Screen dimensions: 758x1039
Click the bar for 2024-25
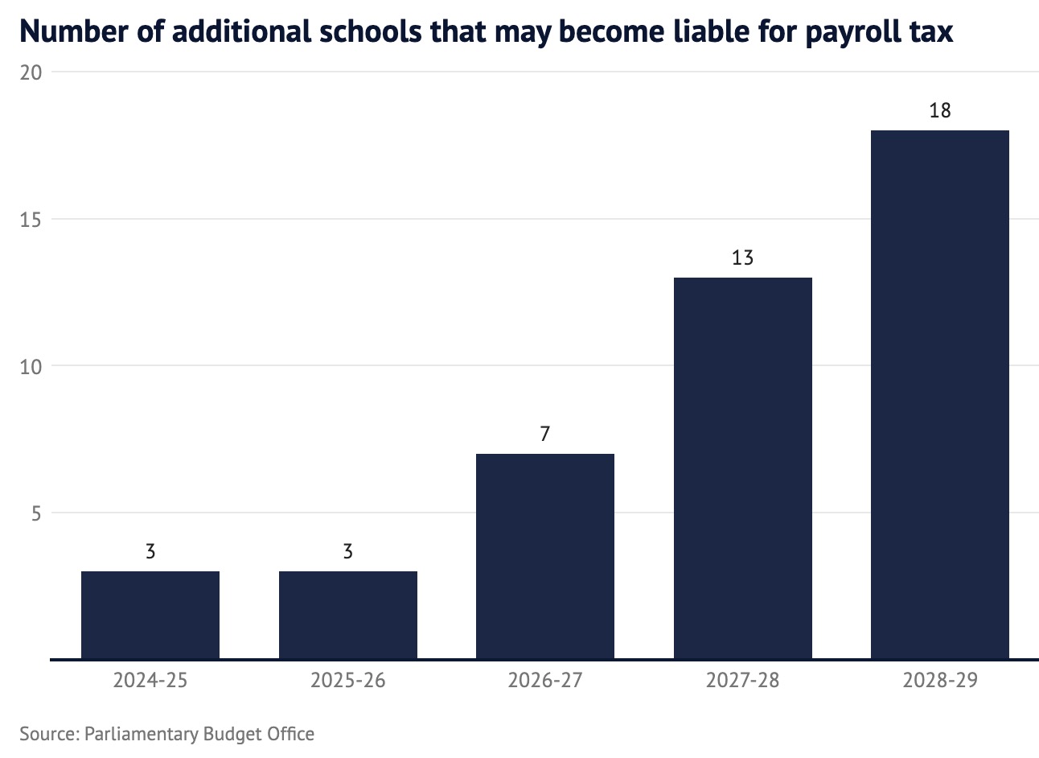click(x=150, y=615)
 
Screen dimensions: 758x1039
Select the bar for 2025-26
click(x=347, y=615)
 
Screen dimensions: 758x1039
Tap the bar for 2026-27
click(x=545, y=556)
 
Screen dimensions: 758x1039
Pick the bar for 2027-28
click(x=742, y=468)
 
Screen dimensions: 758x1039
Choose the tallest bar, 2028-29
click(x=939, y=394)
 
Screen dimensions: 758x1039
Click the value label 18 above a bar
click(x=939, y=111)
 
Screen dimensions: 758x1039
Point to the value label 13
click(x=742, y=258)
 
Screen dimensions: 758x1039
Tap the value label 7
click(x=545, y=435)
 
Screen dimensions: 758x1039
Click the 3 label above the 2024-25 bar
click(x=150, y=552)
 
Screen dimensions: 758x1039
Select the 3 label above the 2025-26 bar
click(x=347, y=552)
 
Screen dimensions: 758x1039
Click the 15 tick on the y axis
click(x=31, y=220)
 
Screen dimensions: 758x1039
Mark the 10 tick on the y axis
click(x=31, y=367)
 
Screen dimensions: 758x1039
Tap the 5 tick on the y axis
click(x=36, y=513)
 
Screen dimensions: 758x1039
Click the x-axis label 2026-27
click(x=545, y=681)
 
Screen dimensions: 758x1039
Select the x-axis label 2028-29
click(x=939, y=681)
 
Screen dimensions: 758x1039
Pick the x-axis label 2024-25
click(x=150, y=681)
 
